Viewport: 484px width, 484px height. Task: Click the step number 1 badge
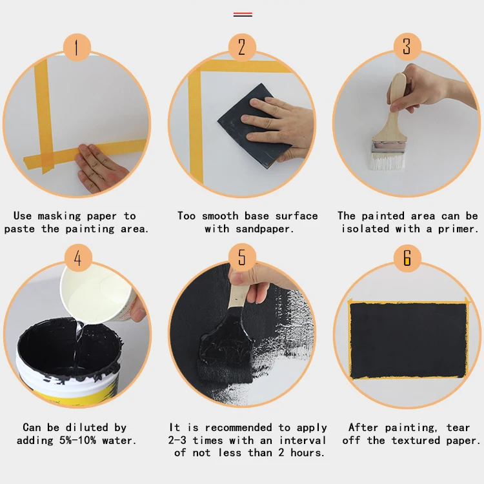tap(77, 47)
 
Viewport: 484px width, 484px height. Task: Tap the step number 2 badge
tap(242, 47)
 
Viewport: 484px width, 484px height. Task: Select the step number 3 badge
tap(407, 47)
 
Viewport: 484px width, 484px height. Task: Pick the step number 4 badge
tap(77, 259)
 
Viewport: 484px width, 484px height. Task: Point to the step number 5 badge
tap(242, 259)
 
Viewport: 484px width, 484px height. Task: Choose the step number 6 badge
tap(407, 259)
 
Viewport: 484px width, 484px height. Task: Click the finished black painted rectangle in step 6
tap(408, 340)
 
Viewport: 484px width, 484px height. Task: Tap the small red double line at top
tap(243, 14)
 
